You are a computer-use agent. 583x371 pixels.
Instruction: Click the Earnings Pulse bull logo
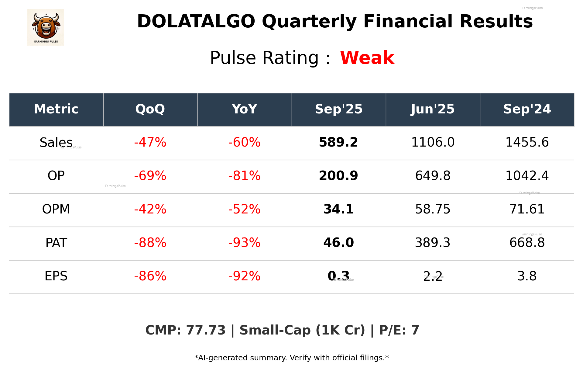pyautogui.click(x=46, y=27)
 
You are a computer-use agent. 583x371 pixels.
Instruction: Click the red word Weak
pyautogui.click(x=367, y=58)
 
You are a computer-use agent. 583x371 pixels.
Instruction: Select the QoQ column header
pyautogui.click(x=150, y=109)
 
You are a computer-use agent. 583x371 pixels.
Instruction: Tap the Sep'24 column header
pyautogui.click(x=527, y=109)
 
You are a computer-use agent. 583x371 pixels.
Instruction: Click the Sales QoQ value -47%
pyautogui.click(x=150, y=142)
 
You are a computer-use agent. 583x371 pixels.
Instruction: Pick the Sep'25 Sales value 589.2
pyautogui.click(x=338, y=142)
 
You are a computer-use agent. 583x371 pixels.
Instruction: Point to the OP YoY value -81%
pyautogui.click(x=244, y=176)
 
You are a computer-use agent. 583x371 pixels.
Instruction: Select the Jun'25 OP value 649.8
pyautogui.click(x=433, y=176)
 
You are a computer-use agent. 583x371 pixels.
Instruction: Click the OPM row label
pyautogui.click(x=56, y=209)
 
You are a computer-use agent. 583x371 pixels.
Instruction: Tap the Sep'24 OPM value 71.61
pyautogui.click(x=527, y=209)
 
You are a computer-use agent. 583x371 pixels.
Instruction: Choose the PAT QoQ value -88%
pyautogui.click(x=150, y=243)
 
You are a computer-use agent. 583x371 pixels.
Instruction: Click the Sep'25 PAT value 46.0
pyautogui.click(x=338, y=243)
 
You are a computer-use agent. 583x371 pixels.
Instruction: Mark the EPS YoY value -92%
pyautogui.click(x=244, y=276)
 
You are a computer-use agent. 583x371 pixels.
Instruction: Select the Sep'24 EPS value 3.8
pyautogui.click(x=527, y=276)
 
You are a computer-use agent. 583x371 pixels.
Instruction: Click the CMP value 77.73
pyautogui.click(x=206, y=330)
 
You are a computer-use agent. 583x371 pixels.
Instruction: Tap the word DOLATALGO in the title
pyautogui.click(x=196, y=22)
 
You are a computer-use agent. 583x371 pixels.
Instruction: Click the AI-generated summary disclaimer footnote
pyautogui.click(x=291, y=358)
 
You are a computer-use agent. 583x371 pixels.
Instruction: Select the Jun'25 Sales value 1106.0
pyautogui.click(x=433, y=142)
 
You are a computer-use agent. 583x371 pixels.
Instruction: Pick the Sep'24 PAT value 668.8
pyautogui.click(x=527, y=243)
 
